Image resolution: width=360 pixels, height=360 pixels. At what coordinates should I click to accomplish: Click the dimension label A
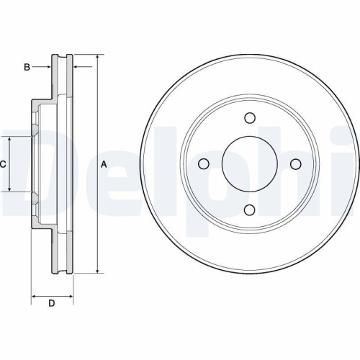pyautogui.click(x=104, y=164)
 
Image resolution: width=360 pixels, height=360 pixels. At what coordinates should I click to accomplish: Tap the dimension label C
pyautogui.click(x=3, y=164)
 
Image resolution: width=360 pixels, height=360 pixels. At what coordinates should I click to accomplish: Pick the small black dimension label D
pyautogui.click(x=51, y=303)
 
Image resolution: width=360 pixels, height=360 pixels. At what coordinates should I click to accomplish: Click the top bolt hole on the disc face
pyautogui.click(x=249, y=119)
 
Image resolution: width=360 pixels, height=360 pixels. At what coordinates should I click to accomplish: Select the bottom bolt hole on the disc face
pyautogui.click(x=249, y=210)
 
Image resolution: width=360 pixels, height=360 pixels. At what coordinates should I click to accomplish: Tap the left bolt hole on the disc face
pyautogui.click(x=204, y=164)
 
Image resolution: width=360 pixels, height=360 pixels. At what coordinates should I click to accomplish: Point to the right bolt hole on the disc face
pyautogui.click(x=294, y=164)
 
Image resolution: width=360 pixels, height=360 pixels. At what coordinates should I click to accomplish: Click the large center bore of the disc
pyautogui.click(x=249, y=164)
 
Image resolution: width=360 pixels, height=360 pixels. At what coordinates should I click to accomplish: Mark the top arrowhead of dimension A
pyautogui.click(x=96, y=58)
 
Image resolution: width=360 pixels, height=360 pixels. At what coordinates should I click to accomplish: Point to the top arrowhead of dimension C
pyautogui.click(x=9, y=139)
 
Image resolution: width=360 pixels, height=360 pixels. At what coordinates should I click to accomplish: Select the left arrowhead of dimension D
pyautogui.click(x=34, y=295)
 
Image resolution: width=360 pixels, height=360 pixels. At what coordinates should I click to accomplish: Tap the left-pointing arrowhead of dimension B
pyautogui.click(x=76, y=67)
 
